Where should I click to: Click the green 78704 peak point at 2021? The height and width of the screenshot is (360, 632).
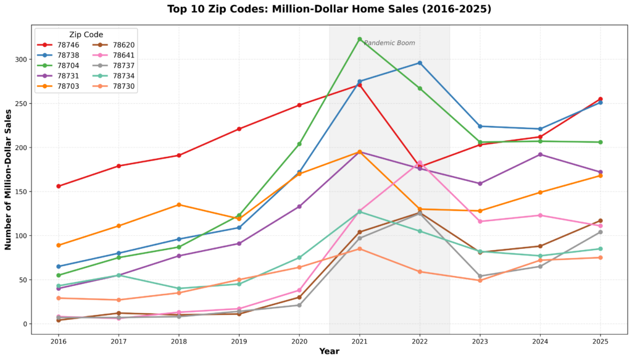tap(359, 39)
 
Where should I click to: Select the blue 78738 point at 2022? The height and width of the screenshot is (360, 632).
tap(420, 63)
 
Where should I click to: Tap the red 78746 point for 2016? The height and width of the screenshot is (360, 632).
tap(59, 186)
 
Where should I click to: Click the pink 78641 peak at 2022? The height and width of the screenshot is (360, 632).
tap(420, 163)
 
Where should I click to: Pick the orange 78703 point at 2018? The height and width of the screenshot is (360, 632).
tap(179, 204)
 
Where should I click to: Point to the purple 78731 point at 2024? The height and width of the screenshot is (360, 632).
tap(540, 154)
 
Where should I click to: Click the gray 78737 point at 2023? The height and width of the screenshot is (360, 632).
tap(480, 276)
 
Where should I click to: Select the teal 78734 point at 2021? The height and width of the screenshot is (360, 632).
tap(359, 212)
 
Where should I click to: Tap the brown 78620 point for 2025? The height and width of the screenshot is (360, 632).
tap(600, 220)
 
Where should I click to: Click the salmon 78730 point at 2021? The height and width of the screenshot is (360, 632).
tap(359, 249)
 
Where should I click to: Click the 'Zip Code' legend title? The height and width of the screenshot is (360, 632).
tap(86, 35)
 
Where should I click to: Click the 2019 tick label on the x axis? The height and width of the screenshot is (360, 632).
tap(239, 341)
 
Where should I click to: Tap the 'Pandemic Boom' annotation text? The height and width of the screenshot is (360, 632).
tap(389, 43)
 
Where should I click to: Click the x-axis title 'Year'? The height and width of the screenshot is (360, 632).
tap(329, 351)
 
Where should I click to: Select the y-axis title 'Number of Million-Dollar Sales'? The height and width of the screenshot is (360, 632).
tap(9, 180)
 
